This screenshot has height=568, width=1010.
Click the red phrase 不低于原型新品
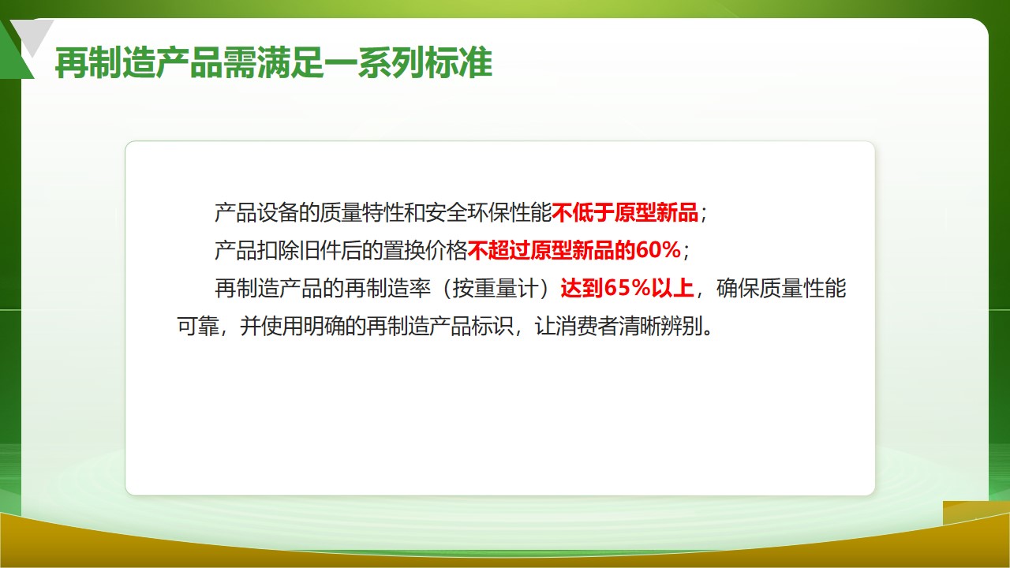pyautogui.click(x=625, y=212)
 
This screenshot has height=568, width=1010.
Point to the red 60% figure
pyautogui.click(x=658, y=250)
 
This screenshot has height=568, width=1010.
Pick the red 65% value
pyautogui.click(x=627, y=288)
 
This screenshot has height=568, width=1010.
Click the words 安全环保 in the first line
pyautogui.click(x=467, y=212)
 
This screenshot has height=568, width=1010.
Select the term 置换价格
pyautogui.click(x=425, y=250)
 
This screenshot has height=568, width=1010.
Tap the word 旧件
pyautogui.click(x=320, y=250)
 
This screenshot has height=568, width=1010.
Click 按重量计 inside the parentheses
pyautogui.click(x=496, y=288)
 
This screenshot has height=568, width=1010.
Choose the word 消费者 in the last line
pyautogui.click(x=586, y=326)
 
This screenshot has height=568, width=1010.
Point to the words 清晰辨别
pyautogui.click(x=660, y=326)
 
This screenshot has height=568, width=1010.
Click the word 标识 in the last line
pyautogui.click(x=492, y=326)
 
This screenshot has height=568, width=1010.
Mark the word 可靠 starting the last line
pyautogui.click(x=197, y=326)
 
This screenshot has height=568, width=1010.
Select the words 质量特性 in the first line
pyautogui.click(x=361, y=212)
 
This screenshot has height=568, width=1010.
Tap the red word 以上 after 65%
pyautogui.click(x=671, y=288)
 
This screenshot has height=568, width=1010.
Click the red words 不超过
pyautogui.click(x=499, y=250)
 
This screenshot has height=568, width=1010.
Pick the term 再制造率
pyautogui.click(x=387, y=288)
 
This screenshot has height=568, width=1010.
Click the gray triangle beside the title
pyautogui.click(x=32, y=35)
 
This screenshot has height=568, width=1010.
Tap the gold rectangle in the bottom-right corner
pyautogui.click(x=976, y=513)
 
